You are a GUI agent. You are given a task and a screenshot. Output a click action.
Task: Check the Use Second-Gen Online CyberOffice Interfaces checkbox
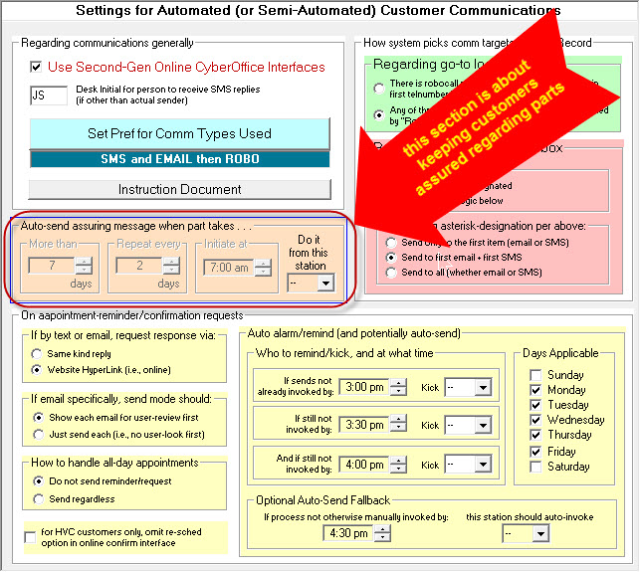(x=37, y=67)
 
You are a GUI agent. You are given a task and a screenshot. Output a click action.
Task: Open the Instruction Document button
(x=179, y=189)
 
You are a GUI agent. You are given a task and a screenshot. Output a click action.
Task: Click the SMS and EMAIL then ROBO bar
(x=179, y=159)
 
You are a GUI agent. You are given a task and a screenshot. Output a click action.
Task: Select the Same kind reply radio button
(x=37, y=354)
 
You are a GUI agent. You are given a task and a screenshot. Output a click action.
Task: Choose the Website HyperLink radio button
(x=37, y=370)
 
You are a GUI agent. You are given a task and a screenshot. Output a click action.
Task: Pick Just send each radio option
(x=37, y=434)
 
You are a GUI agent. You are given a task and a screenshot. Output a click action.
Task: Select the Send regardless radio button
(x=37, y=498)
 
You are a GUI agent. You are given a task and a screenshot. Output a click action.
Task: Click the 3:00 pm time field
(x=362, y=387)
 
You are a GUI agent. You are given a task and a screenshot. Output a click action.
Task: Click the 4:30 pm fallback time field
(x=346, y=532)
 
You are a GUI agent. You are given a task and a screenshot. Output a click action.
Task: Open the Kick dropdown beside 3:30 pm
(x=468, y=425)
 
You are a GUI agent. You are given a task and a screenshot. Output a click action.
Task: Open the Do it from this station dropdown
(x=309, y=283)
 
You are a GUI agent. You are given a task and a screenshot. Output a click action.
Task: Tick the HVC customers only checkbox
(x=29, y=537)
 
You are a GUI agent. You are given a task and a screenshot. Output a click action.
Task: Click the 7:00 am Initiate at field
(x=228, y=267)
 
